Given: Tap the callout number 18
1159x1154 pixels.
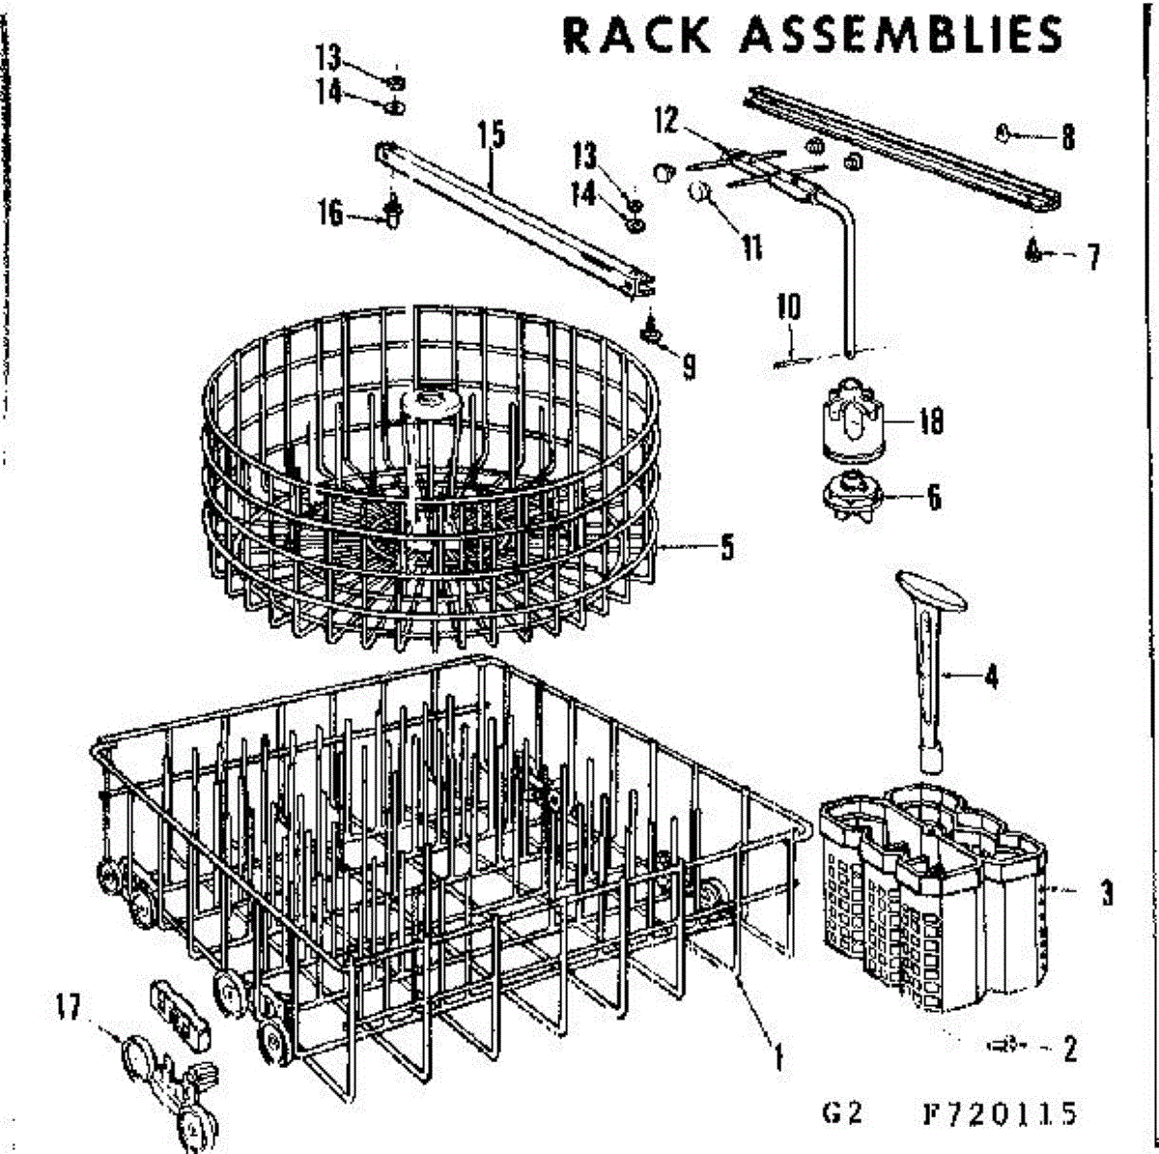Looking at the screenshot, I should (931, 422).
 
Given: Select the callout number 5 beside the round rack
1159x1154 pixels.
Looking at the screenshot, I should (726, 548).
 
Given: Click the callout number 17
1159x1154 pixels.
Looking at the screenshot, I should (68, 1007).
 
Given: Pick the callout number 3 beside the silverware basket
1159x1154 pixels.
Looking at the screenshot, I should (1107, 893).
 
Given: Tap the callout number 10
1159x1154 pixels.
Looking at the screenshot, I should (788, 308).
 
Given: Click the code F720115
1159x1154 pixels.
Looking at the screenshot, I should (999, 1114).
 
